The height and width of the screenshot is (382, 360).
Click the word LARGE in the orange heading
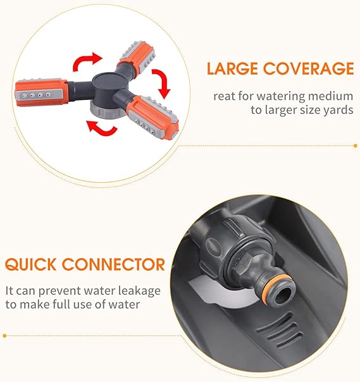click(x=232, y=68)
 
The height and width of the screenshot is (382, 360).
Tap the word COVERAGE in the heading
click(x=308, y=68)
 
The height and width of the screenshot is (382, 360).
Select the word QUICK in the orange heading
click(x=30, y=264)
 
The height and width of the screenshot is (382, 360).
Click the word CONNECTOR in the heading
click(x=113, y=264)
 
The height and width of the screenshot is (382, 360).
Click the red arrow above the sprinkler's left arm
click(x=86, y=61)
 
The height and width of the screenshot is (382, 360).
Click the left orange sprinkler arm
click(x=40, y=93)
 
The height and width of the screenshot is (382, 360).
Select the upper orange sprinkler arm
click(x=137, y=57)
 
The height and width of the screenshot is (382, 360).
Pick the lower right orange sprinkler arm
click(x=153, y=117)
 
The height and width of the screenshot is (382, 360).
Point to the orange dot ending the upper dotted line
click(x=356, y=146)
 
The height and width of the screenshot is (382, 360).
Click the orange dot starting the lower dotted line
click(x=4, y=336)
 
